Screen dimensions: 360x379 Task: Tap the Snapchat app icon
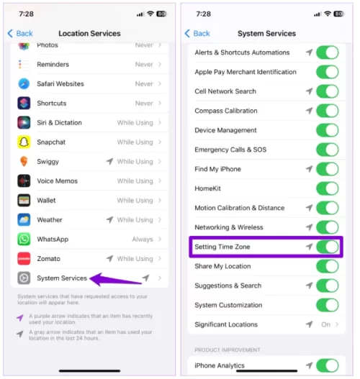coord(24,142)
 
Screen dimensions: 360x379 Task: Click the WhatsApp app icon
coord(24,239)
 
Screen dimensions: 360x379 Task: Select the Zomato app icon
coord(24,259)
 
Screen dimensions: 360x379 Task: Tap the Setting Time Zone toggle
coord(328,247)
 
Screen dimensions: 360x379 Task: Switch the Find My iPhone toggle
coord(328,169)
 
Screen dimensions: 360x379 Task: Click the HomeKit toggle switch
coord(328,188)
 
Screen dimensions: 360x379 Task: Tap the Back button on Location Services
coord(20,33)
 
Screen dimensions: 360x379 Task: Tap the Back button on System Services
coord(197,33)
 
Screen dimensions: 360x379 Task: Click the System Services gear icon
coord(24,278)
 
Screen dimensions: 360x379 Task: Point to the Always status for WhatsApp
coord(143,239)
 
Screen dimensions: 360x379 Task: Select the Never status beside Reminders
coord(144,65)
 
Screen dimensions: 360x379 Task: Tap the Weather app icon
coord(24,220)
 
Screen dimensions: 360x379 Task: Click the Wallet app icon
coord(24,201)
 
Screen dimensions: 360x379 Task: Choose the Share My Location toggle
coord(328,266)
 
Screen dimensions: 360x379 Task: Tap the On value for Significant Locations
coord(325,324)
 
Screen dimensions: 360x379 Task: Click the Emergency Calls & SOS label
coord(230,150)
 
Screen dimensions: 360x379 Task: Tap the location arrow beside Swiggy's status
coord(110,161)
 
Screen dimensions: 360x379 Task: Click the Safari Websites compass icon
coord(24,84)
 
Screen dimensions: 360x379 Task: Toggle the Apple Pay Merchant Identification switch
coord(328,72)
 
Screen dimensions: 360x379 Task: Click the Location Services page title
coord(89,33)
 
